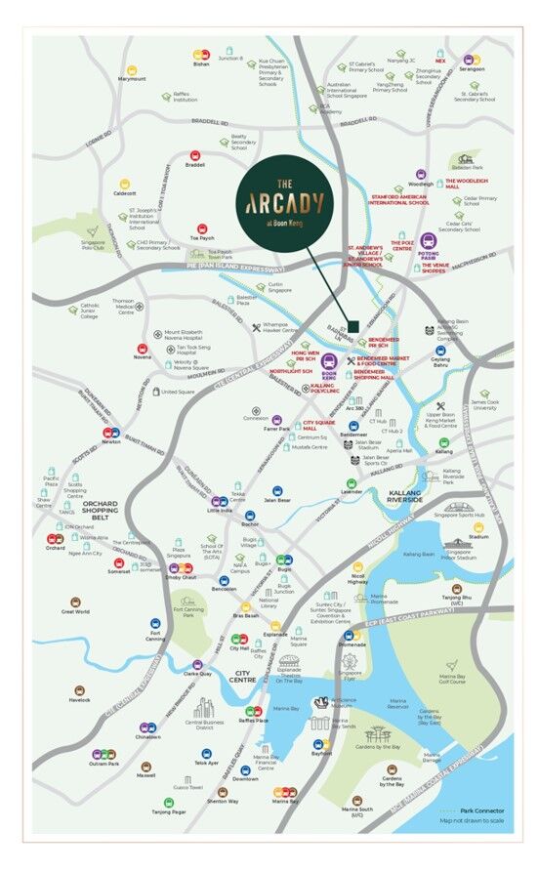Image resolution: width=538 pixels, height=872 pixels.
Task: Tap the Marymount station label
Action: pos(132,79)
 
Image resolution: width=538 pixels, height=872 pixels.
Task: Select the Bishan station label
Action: pos(201,64)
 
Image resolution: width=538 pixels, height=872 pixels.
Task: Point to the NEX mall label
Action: pos(440,61)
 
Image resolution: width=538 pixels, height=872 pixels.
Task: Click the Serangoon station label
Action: pos(472,69)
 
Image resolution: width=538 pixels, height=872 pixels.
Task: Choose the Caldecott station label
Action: pos(125,193)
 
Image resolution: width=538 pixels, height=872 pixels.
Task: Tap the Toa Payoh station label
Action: pos(201,237)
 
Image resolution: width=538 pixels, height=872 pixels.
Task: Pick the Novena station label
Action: pos(143,356)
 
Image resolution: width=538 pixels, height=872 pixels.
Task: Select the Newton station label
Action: pos(111,441)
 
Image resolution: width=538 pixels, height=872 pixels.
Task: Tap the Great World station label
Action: pos(75,612)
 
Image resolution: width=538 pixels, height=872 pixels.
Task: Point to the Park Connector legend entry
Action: pos(483,810)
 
